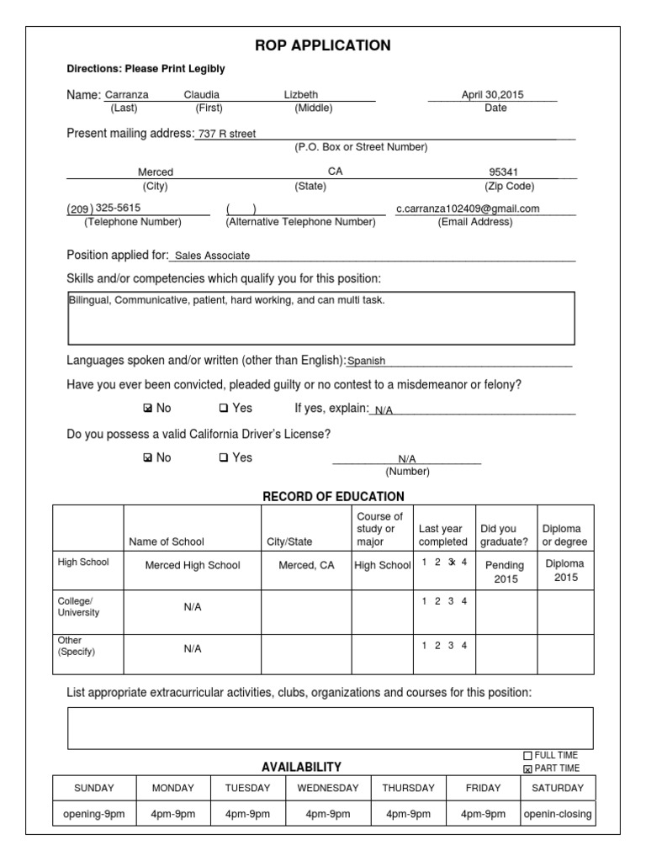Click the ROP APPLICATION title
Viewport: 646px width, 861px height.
[x=323, y=45]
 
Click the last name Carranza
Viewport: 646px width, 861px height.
[x=126, y=95]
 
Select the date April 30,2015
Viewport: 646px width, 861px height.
[x=492, y=95]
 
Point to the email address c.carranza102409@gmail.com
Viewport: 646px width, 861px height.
[x=468, y=209]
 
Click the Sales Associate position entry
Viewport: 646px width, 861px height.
[x=212, y=256]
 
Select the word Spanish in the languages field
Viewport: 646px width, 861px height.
[x=367, y=361]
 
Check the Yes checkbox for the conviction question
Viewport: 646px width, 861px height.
[x=224, y=409]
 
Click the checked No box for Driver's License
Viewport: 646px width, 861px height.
[x=148, y=458]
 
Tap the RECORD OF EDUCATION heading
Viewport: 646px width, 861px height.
[x=333, y=496]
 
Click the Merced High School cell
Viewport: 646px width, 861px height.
[x=193, y=565]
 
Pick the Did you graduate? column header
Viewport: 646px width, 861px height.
[x=504, y=535]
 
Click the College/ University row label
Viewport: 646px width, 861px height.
[x=78, y=607]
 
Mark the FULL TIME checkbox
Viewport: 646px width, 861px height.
[x=527, y=756]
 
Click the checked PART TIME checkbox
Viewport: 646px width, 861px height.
[x=527, y=769]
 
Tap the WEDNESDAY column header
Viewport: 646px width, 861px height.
[x=327, y=788]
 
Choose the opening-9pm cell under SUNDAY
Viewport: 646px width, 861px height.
[x=93, y=814]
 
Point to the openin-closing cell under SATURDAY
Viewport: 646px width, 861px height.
[x=557, y=814]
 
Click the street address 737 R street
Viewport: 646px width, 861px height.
[x=227, y=133]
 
